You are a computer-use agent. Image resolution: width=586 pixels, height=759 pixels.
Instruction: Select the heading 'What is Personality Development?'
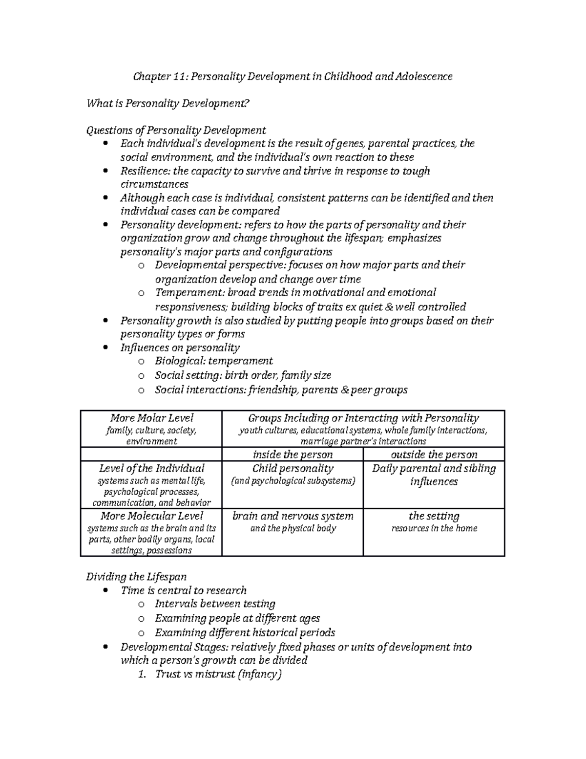168,103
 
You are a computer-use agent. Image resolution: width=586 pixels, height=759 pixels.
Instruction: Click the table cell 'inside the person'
292,455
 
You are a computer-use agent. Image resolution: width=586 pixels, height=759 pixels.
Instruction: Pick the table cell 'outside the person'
434,455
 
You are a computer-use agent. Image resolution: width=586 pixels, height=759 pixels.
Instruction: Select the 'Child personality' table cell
292,469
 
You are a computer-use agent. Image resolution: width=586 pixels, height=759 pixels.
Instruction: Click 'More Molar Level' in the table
151,418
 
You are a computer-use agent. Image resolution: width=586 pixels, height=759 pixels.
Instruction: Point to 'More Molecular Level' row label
151,516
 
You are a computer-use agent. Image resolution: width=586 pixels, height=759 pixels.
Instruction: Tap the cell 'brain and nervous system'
292,516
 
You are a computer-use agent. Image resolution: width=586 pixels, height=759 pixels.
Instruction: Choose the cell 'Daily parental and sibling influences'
434,475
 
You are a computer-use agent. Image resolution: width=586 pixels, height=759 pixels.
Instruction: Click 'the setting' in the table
434,516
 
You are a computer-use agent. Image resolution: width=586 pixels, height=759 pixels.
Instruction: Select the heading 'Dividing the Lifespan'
136,577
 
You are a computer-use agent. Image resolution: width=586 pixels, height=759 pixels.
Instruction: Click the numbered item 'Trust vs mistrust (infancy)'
218,674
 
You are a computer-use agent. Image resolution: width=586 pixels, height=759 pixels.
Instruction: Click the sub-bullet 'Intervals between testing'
215,604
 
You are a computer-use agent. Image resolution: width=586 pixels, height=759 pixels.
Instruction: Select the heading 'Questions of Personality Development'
176,130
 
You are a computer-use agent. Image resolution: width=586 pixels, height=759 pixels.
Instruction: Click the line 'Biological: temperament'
213,361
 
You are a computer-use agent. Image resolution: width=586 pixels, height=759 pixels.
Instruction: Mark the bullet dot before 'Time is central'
106,591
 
